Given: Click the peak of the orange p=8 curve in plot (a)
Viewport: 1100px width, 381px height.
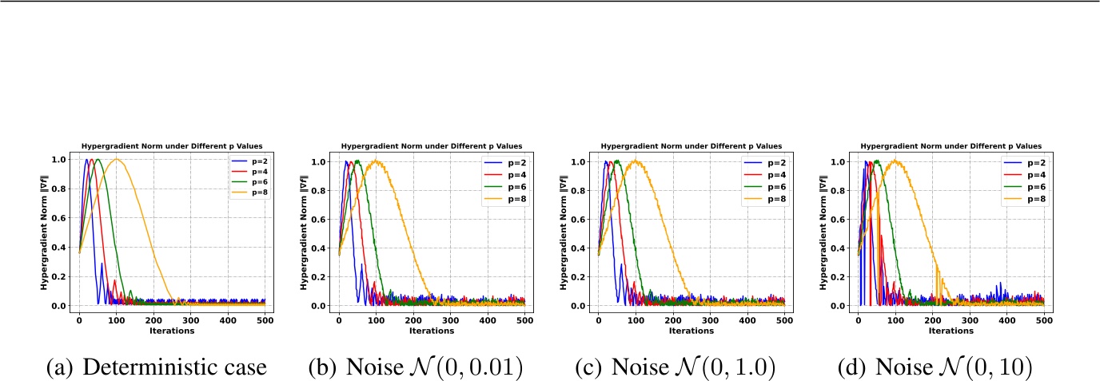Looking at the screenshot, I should tap(117, 159).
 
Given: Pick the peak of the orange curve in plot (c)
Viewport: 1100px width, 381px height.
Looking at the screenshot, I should tap(636, 161).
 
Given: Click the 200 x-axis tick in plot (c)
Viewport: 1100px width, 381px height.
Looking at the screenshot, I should tap(673, 319).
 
